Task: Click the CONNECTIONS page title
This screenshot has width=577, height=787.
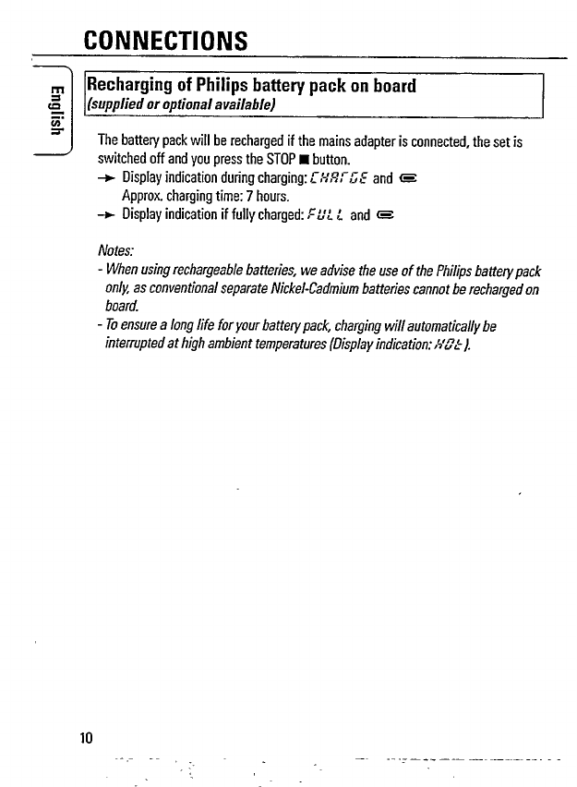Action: pos(165,41)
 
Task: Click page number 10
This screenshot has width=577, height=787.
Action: pos(87,737)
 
